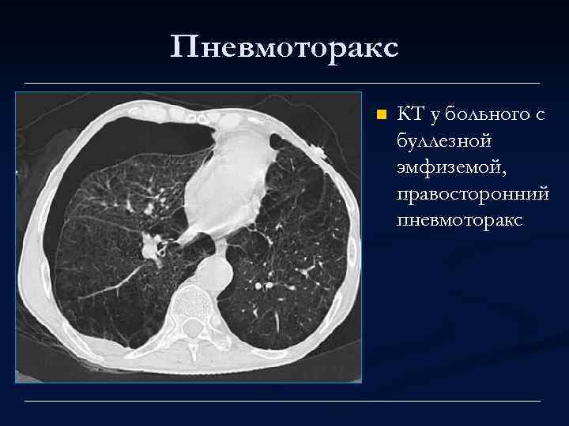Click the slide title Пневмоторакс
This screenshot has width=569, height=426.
coord(284,47)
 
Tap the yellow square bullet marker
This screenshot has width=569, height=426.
coord(380,115)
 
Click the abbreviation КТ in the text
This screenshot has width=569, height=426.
coord(409,115)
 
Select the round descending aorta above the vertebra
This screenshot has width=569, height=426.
coord(212,272)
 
